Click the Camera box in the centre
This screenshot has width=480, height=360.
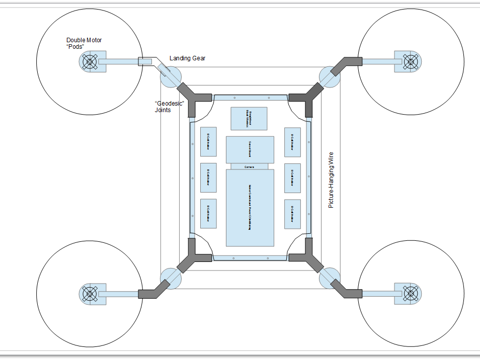(250, 166)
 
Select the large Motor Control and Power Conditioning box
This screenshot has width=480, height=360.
(250, 208)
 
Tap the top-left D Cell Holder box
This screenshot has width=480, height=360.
(208, 142)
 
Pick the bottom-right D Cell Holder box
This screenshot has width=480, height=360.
(292, 214)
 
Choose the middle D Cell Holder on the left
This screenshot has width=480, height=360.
(208, 177)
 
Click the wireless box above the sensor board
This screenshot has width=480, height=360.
(248, 119)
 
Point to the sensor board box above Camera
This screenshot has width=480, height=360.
(250, 149)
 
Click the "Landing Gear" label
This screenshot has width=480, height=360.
(187, 58)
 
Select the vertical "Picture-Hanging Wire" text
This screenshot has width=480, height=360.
(331, 179)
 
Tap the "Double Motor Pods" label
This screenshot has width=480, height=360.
(81, 43)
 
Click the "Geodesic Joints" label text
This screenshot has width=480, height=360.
(169, 107)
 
